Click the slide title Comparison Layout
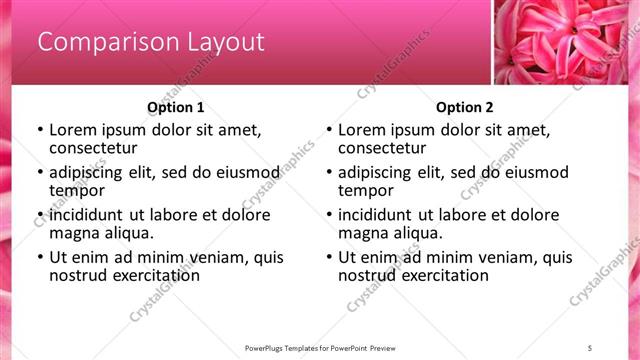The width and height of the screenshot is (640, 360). (151, 42)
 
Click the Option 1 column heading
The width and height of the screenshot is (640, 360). (175, 107)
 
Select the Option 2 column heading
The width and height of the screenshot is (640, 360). (464, 107)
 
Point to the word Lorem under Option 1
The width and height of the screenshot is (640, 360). (72, 130)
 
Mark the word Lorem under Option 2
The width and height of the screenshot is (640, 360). (361, 130)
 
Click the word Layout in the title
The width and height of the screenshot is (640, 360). (226, 42)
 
